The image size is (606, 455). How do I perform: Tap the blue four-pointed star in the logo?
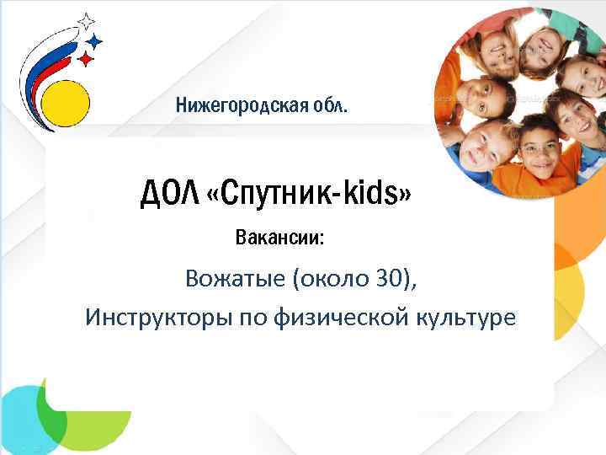pos(95,40)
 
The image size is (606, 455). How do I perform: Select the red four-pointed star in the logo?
pos(86,57)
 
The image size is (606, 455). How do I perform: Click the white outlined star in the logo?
pos(85,20)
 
